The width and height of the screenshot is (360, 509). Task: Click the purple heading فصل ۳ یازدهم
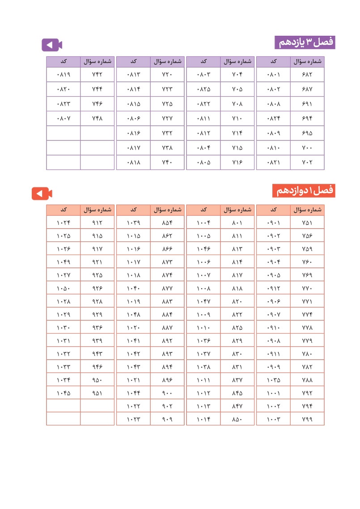click(x=305, y=42)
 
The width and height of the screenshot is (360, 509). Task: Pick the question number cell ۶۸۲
click(x=307, y=74)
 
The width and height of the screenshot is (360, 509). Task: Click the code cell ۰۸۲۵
click(x=203, y=89)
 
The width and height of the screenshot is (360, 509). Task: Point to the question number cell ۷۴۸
click(x=97, y=119)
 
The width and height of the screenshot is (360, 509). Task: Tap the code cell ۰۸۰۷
click(x=64, y=119)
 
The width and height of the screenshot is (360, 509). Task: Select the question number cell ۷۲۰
click(x=167, y=74)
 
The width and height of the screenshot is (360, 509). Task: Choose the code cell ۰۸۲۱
click(x=273, y=162)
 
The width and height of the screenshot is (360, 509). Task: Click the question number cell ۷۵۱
click(x=307, y=222)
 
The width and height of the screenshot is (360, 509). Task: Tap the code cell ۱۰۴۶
click(x=203, y=249)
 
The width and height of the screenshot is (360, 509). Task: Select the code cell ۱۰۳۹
click(x=133, y=222)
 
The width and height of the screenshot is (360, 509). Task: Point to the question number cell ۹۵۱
click(x=97, y=393)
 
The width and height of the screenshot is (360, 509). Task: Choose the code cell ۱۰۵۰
click(x=64, y=288)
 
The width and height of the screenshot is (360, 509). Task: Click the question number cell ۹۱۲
click(x=97, y=222)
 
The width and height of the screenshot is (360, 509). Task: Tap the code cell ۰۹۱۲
click(x=273, y=288)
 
